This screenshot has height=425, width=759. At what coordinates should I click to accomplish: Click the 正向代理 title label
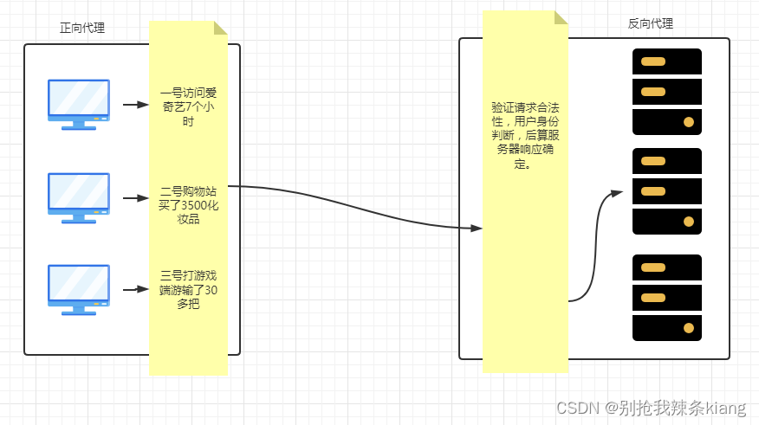coord(82,28)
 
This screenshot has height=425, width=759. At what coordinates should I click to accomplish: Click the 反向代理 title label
coord(650,24)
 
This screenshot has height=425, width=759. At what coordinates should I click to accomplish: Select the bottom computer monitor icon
coord(79,289)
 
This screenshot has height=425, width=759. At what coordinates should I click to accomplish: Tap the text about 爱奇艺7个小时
coord(187,106)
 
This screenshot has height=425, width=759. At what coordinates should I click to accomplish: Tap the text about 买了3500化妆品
coord(187,205)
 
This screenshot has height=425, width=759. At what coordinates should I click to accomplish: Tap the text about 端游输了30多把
coord(187,289)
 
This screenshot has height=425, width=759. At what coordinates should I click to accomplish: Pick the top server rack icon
coord(666,92)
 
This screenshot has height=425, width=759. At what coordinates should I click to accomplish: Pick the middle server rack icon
coord(666,191)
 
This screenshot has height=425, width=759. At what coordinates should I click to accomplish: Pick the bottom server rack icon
coord(666,298)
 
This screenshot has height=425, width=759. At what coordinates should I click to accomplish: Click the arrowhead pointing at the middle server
coord(617,192)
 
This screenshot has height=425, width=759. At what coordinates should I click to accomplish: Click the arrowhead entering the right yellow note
coord(477,229)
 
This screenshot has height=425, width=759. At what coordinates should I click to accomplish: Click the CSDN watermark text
coord(651,407)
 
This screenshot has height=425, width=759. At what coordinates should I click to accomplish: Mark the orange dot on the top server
coord(689,122)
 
